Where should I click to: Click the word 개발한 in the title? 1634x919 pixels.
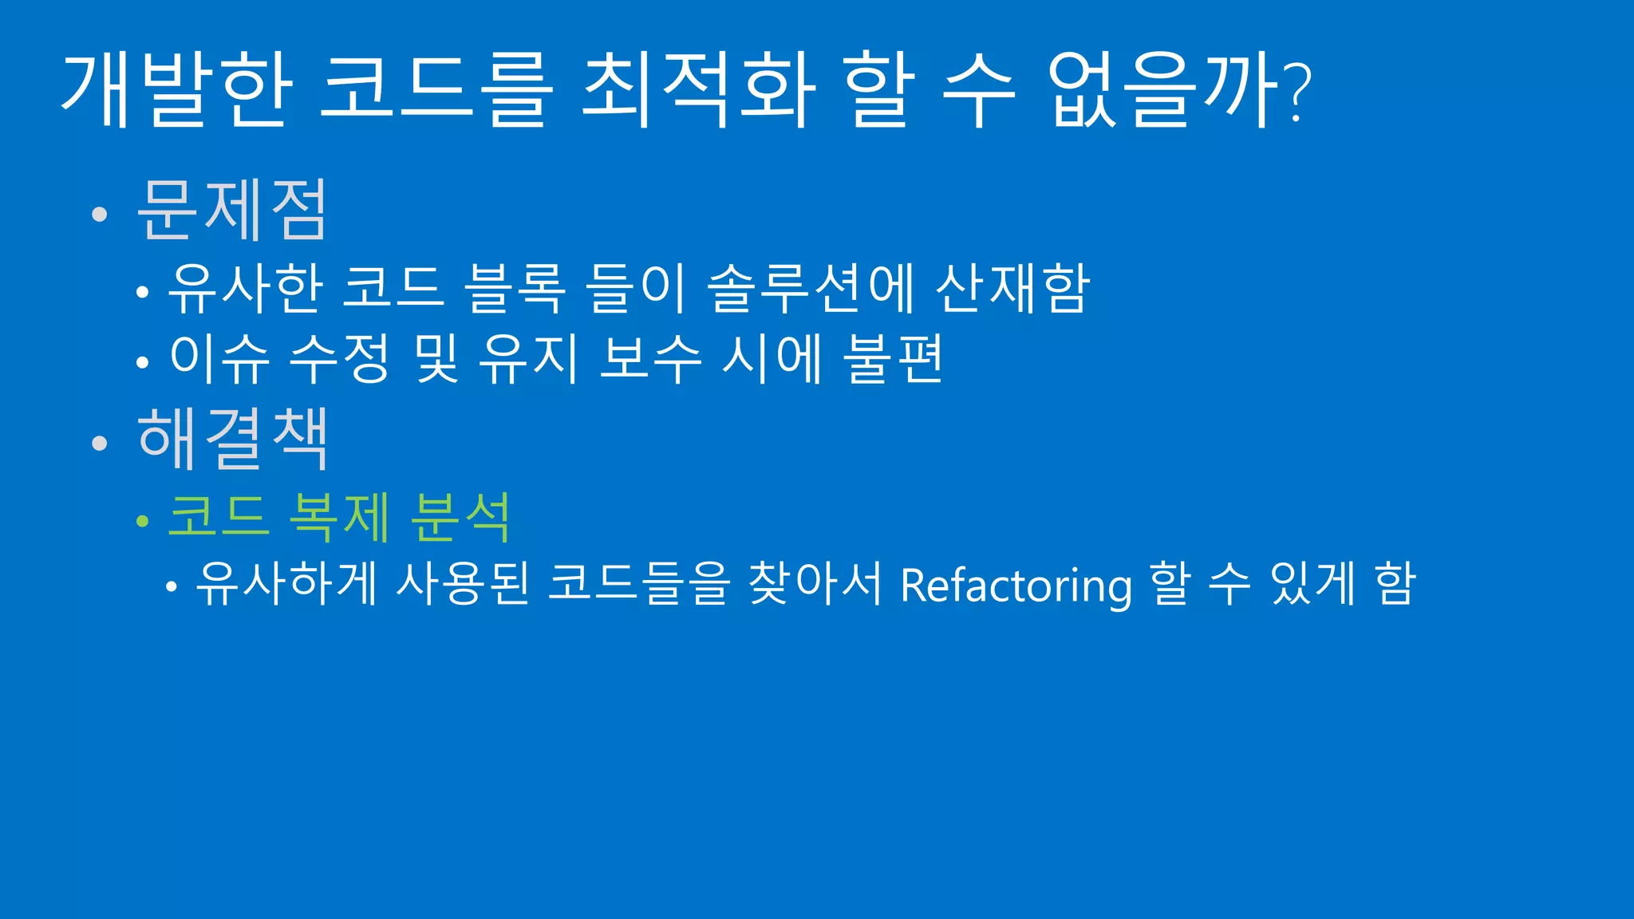[x=176, y=89]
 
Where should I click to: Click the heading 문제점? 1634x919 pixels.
[x=232, y=209]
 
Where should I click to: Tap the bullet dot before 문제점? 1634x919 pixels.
[x=99, y=214]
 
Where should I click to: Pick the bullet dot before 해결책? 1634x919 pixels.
[x=99, y=443]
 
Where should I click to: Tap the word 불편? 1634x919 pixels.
[x=894, y=358]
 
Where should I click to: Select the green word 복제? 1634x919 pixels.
[x=339, y=516]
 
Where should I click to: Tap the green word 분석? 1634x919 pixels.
[x=460, y=516]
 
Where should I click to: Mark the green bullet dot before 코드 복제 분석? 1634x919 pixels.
[x=143, y=522]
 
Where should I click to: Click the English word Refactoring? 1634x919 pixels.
[x=1016, y=585]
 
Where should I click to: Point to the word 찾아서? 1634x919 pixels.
[x=815, y=583]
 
